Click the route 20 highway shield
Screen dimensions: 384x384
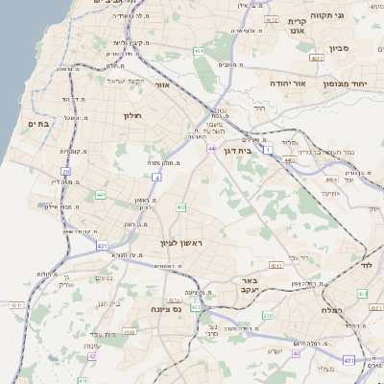(x=65, y=172)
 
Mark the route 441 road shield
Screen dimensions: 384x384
(x=101, y=195)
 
